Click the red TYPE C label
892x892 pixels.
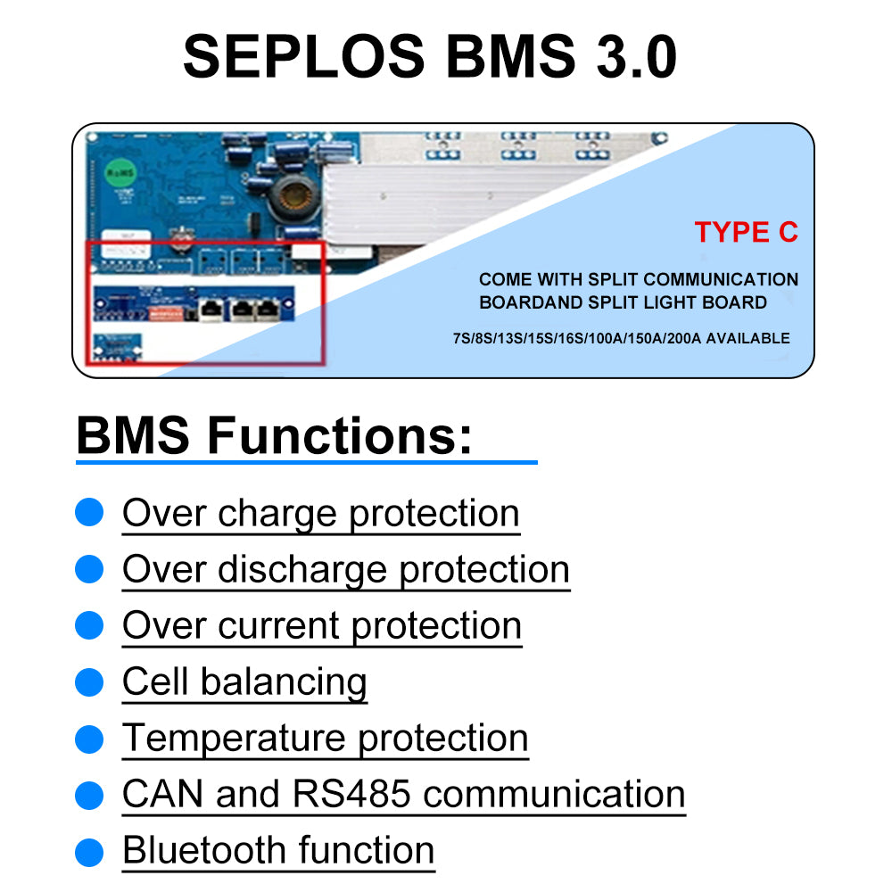[x=746, y=233]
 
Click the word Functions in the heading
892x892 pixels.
[x=339, y=436]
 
